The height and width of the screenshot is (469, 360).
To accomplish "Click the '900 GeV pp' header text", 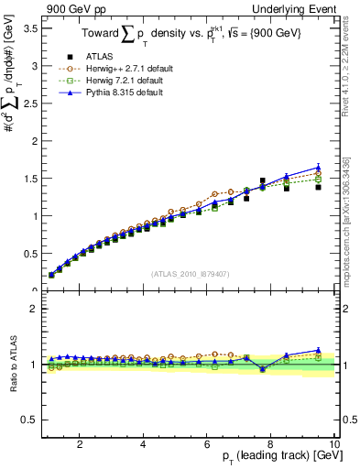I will [71, 8].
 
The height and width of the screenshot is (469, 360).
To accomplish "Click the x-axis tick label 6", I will [207, 444].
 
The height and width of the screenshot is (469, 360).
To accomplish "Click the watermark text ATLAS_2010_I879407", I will [189, 273].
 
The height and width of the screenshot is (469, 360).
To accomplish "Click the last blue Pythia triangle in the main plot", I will [318, 167].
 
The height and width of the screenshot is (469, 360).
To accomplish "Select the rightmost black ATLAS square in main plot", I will [318, 187].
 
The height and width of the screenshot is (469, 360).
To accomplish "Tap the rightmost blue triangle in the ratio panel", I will [318, 350].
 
